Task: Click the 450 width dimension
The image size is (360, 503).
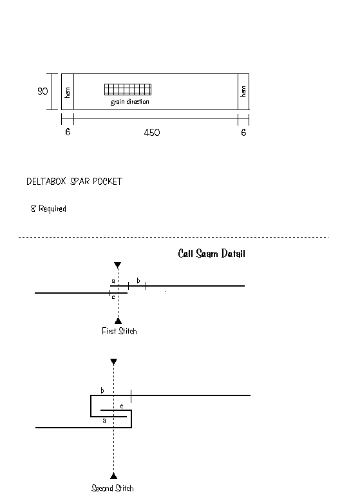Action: pyautogui.click(x=152, y=133)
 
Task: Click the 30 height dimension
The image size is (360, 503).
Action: pyautogui.click(x=43, y=91)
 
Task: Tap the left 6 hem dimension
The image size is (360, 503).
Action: pyautogui.click(x=68, y=132)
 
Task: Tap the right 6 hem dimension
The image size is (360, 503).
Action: pyautogui.click(x=243, y=132)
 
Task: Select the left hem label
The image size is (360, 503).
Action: pyautogui.click(x=68, y=92)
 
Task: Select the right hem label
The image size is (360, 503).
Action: pyautogui.click(x=243, y=91)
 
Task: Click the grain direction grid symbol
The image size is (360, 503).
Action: pyautogui.click(x=128, y=90)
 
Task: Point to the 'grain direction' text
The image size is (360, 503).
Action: pyautogui.click(x=130, y=102)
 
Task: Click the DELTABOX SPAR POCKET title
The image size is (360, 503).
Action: pyautogui.click(x=74, y=181)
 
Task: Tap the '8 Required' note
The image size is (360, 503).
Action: pyautogui.click(x=48, y=209)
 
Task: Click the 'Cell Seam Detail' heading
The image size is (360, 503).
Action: pyautogui.click(x=211, y=253)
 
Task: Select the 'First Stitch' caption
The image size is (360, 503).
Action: pyautogui.click(x=119, y=331)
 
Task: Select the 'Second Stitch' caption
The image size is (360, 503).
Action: pyautogui.click(x=112, y=488)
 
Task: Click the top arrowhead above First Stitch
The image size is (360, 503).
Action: pyautogui.click(x=118, y=265)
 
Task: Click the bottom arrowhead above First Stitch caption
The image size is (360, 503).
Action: pyautogui.click(x=118, y=321)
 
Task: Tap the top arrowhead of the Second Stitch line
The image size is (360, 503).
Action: pyautogui.click(x=113, y=361)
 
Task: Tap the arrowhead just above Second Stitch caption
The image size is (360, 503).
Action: pyautogui.click(x=113, y=476)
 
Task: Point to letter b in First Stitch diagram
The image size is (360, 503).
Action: pyautogui.click(x=138, y=280)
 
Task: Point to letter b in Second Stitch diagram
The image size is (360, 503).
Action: pyautogui.click(x=102, y=390)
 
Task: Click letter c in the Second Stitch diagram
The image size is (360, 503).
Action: pyautogui.click(x=122, y=406)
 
